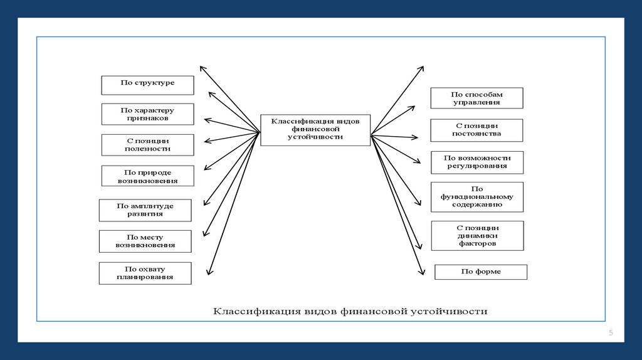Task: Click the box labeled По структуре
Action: [x=147, y=85]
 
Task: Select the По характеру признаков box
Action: [x=147, y=114]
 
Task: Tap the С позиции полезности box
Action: [x=147, y=145]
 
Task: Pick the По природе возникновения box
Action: [x=147, y=176]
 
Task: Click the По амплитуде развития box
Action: [x=145, y=210]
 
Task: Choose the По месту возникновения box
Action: [x=145, y=241]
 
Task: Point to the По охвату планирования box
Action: [x=145, y=273]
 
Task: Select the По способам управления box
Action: [x=476, y=98]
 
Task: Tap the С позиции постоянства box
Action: [x=476, y=130]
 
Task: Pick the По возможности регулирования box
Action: [x=476, y=162]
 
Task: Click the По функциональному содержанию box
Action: [x=476, y=197]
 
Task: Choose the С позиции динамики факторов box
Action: [x=477, y=235]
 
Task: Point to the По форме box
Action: [x=481, y=272]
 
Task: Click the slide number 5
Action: [x=610, y=332]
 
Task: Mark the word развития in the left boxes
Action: [x=145, y=214]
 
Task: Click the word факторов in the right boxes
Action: [x=477, y=243]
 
